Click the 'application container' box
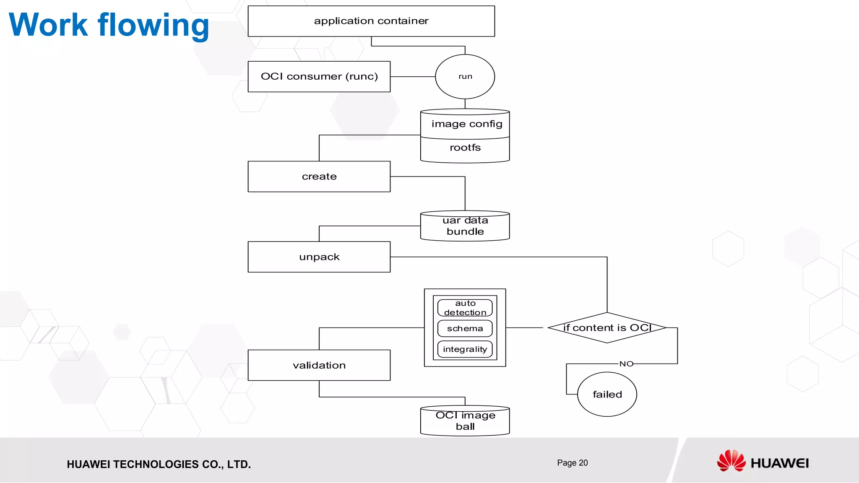coord(371,21)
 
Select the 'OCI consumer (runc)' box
coord(319,77)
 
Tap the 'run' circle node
coord(465,77)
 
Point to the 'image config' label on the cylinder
coord(466,124)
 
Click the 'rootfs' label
coord(465,148)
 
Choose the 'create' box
coord(319,177)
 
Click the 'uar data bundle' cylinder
coord(465,226)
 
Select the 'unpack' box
coord(319,257)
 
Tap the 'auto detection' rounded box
coord(465,308)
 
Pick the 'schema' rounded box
coord(465,329)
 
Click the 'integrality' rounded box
coord(465,349)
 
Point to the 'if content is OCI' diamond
coord(607,328)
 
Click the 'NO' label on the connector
coord(626,364)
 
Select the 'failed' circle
coord(607,395)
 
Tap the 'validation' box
coord(319,366)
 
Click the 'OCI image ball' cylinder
coord(465,421)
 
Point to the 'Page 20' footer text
coord(572,463)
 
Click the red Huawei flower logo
coord(731,461)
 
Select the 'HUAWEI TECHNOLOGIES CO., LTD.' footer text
coord(159,465)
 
